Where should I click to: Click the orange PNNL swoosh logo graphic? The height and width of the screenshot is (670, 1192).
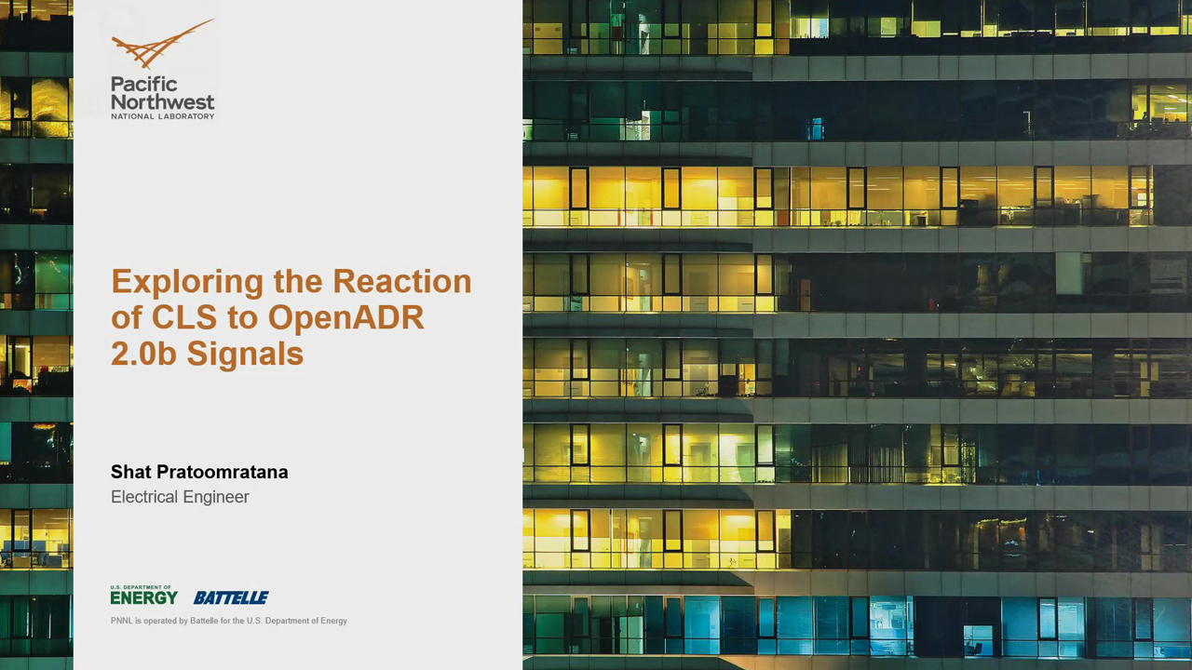tap(159, 45)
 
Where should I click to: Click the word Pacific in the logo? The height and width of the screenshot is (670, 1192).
tap(143, 84)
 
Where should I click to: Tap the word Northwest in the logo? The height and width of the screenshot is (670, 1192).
tap(162, 101)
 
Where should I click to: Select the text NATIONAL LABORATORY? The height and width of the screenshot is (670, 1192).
tap(162, 116)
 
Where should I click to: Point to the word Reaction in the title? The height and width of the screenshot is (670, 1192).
tap(402, 281)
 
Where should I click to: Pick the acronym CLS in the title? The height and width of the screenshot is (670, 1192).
tap(184, 317)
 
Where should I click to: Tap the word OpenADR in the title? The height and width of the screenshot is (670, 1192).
tap(345, 318)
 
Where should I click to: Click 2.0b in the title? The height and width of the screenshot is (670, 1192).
tap(143, 354)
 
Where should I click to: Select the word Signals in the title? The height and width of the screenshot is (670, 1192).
tap(245, 355)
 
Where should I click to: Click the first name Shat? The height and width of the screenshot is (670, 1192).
tap(130, 472)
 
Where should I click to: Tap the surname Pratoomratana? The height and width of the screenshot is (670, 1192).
tap(223, 472)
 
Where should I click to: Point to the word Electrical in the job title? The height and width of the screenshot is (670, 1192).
tap(144, 497)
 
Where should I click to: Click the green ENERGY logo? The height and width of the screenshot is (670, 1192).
tap(144, 597)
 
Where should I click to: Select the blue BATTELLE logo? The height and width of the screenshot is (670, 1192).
tap(231, 597)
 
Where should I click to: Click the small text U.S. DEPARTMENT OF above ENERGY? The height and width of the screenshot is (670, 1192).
tap(141, 587)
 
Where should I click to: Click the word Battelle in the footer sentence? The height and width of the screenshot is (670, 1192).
tap(204, 621)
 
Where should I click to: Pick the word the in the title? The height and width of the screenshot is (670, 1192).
tap(298, 281)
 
